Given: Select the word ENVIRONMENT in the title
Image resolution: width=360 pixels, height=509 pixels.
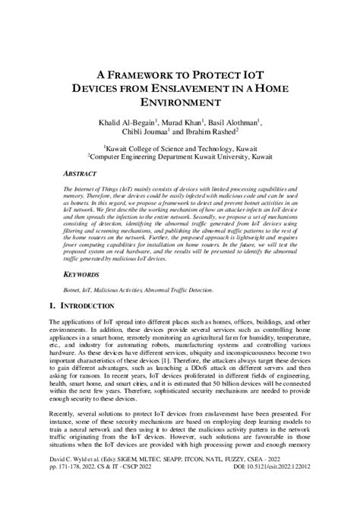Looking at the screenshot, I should pyautogui.click(x=179, y=102).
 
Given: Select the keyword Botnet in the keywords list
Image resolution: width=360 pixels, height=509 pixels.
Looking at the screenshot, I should pyautogui.click(x=74, y=290).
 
